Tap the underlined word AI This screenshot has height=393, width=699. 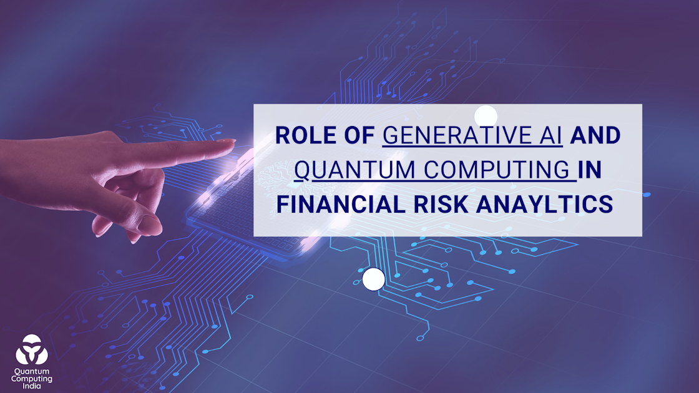pyautogui.click(x=552, y=136)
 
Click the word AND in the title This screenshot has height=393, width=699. pyautogui.click(x=596, y=136)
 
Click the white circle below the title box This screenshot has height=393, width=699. pyautogui.click(x=373, y=279)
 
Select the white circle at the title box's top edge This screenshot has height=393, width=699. pyautogui.click(x=486, y=117)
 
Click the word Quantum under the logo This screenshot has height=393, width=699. pyautogui.click(x=31, y=371)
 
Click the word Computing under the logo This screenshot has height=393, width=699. pyautogui.click(x=31, y=379)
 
